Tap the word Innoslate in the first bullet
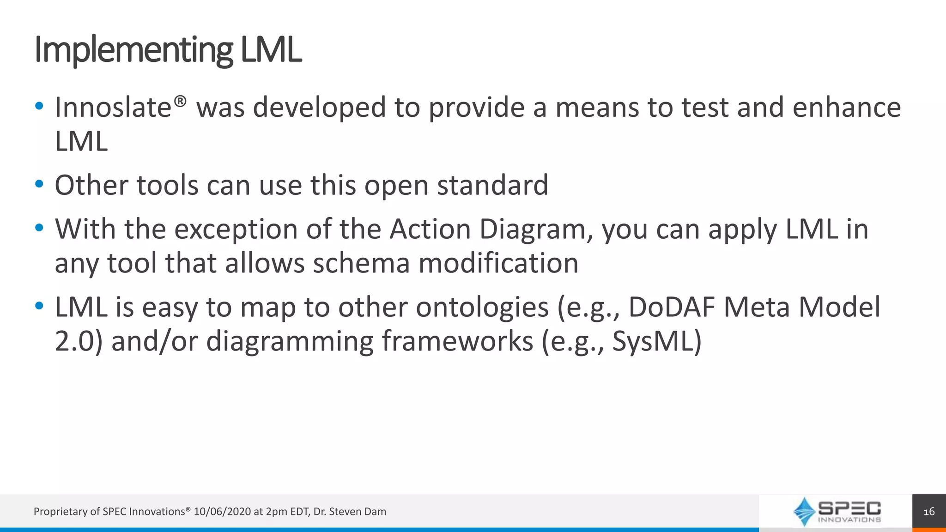coord(113,108)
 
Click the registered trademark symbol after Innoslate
coord(181,101)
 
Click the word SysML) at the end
coord(657,342)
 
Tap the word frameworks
coord(457,342)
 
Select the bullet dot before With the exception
coord(39,228)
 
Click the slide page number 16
coord(929,512)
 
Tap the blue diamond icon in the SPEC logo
coord(804,511)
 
